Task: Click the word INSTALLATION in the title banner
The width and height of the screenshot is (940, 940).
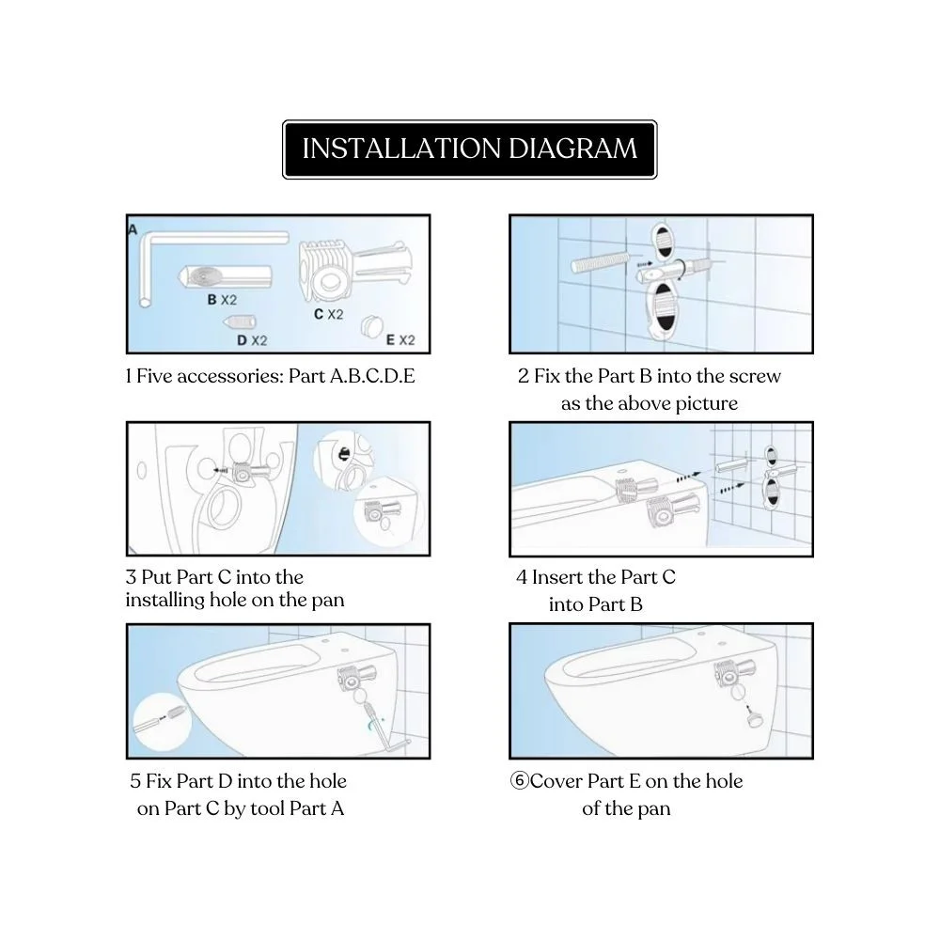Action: coord(401,149)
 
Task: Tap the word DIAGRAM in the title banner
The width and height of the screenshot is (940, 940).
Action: coord(573,149)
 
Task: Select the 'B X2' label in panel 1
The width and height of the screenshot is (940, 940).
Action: coord(222,299)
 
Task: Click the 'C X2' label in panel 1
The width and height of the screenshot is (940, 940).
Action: coord(328,314)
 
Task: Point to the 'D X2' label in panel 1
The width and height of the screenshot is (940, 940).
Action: coord(252,340)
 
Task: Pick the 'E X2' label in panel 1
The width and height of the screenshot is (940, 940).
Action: coord(400,340)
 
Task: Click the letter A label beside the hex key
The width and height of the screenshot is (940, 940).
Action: coord(133,229)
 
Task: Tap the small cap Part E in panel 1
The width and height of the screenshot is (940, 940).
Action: coord(372,327)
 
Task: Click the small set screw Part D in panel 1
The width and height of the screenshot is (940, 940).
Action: coord(241,321)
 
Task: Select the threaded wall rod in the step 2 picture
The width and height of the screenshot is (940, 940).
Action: coord(601,262)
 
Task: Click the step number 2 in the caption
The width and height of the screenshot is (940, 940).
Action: coord(524,376)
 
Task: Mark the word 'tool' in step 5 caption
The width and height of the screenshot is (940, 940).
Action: coord(267,808)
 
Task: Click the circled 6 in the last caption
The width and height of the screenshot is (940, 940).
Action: coord(519,780)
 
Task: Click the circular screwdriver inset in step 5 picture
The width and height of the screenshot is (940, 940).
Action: coord(162,721)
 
